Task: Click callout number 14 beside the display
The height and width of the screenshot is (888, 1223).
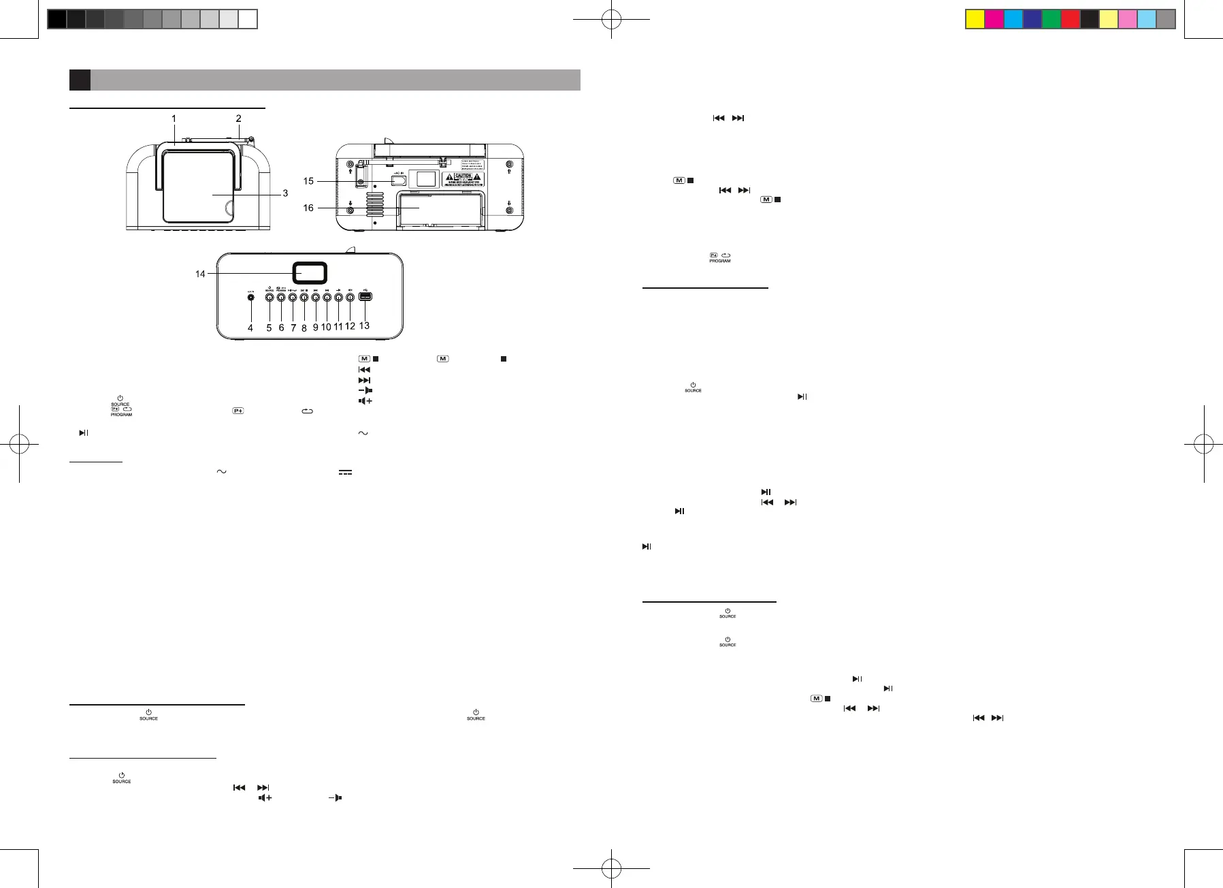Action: tap(200, 274)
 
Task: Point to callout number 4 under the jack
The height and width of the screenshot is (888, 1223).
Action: tap(250, 328)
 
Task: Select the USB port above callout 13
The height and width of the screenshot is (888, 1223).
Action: tap(365, 297)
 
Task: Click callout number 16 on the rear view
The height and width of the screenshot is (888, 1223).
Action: tap(308, 208)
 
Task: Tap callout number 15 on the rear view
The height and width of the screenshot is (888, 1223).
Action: tap(308, 181)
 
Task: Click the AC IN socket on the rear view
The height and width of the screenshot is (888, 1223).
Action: tap(399, 180)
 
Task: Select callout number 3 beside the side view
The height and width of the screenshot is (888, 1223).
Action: tap(285, 193)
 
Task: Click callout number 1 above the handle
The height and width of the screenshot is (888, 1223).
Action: tap(174, 118)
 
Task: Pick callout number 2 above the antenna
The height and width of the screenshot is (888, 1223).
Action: tap(238, 118)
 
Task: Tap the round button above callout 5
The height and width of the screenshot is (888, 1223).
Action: tap(269, 297)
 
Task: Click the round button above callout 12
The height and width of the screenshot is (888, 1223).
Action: tap(350, 297)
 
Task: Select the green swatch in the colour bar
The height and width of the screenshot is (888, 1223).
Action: tap(1051, 19)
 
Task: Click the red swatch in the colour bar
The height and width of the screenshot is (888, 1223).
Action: tap(1071, 19)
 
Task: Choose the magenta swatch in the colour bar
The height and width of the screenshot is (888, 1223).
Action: tap(994, 19)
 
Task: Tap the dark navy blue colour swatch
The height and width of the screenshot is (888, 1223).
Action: tap(1032, 19)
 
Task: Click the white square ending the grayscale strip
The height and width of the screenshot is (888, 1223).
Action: tap(248, 19)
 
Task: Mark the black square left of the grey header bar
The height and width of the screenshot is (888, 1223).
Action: tap(80, 80)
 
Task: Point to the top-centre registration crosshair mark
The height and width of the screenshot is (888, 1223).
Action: tap(612, 20)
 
